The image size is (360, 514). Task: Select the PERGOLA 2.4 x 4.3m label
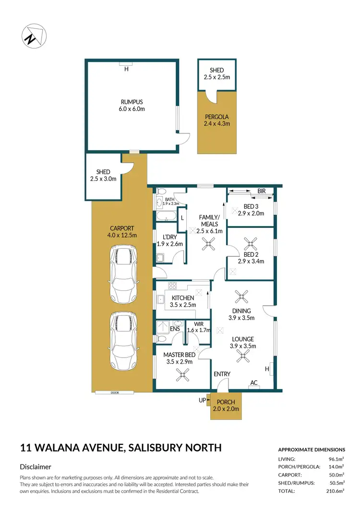coord(217,120)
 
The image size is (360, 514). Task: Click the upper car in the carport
coord(122,274)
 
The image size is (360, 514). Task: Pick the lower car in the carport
coord(122,342)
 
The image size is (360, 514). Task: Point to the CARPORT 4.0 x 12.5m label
coord(122,232)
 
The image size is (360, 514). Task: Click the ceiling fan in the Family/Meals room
coord(208,245)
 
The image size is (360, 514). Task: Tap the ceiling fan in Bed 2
coord(250,242)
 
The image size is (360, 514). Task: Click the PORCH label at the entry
coord(226,402)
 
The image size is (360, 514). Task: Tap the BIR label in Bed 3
coord(261,191)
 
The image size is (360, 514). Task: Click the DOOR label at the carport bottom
coord(114,393)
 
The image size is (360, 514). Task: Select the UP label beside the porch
coord(202,399)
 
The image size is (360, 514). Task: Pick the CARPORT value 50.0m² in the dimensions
coord(336,475)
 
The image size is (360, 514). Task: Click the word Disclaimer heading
coord(36,466)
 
